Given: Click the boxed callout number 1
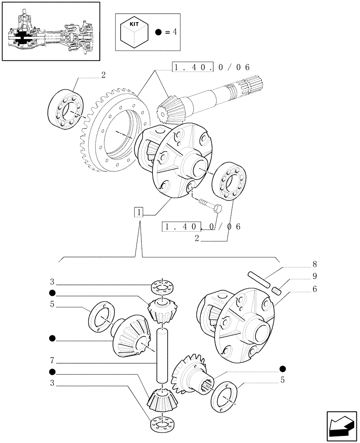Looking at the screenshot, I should click(140, 213).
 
